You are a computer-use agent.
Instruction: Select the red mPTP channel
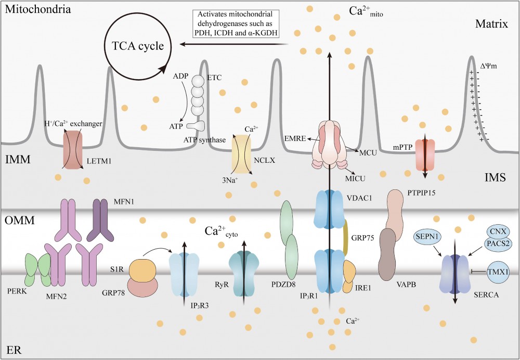425,153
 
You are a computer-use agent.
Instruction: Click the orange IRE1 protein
349,276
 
